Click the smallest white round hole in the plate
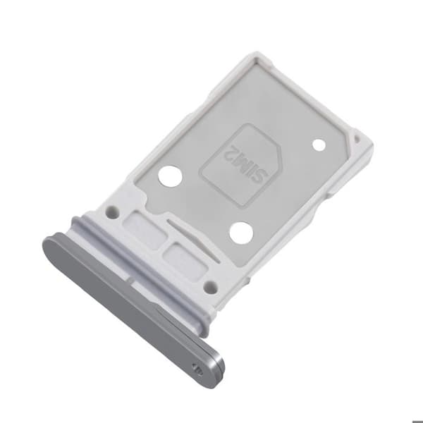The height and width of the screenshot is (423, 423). [319, 145]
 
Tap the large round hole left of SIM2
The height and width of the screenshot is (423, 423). [170, 176]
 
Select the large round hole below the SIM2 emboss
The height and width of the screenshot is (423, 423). [241, 233]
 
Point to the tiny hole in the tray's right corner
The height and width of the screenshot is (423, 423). [357, 139]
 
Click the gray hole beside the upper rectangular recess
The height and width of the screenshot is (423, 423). [114, 211]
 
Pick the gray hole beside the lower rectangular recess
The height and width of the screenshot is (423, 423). [211, 287]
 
